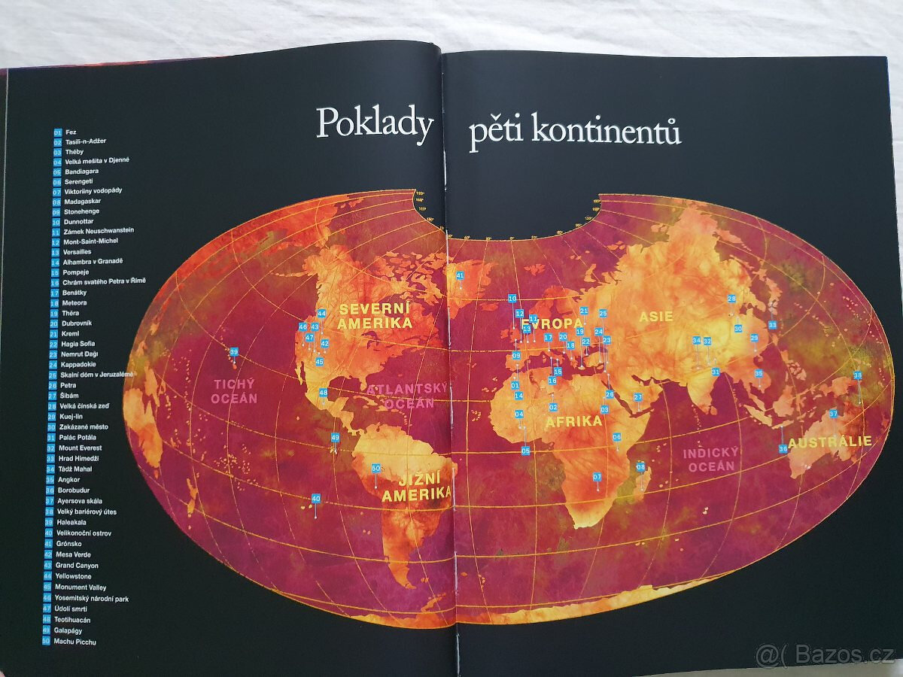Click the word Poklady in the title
[374, 123]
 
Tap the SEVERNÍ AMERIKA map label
[375, 316]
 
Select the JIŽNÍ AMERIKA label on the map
[416, 487]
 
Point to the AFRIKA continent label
[573, 421]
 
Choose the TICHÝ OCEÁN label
[236, 391]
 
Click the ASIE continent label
[656, 317]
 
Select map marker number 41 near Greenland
[460, 275]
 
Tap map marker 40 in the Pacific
[316, 499]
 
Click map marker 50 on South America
[376, 468]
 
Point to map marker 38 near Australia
[857, 375]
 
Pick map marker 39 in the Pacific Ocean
[234, 352]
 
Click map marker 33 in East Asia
[772, 325]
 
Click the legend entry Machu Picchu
[75, 642]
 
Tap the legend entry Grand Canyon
[77, 565]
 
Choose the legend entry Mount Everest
[79, 448]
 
